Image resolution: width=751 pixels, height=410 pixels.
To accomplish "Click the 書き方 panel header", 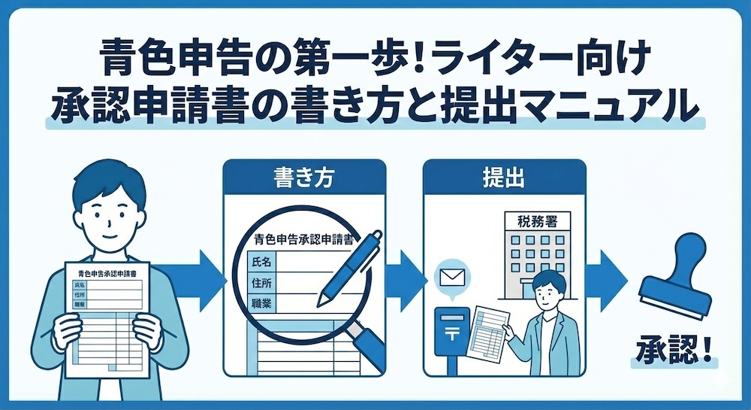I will coord(305,178).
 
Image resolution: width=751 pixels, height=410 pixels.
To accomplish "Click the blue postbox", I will coord(451,335).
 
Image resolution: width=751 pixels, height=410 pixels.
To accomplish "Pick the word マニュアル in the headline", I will coord(624,105).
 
